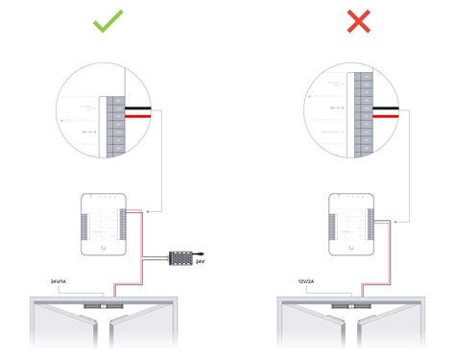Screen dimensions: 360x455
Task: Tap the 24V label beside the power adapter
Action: [201, 261]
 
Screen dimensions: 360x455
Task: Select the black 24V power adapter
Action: [180, 257]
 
